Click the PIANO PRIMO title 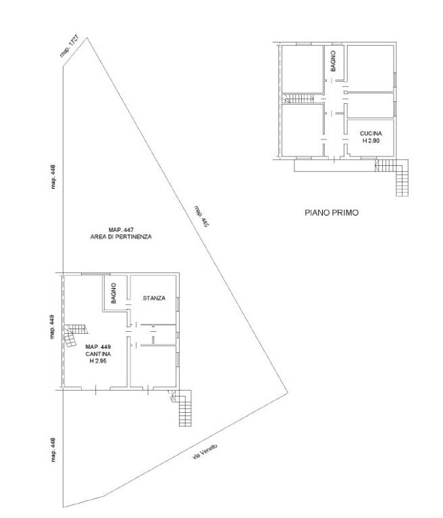[x=331, y=212]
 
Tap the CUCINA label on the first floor [x=371, y=134]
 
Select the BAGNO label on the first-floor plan [x=333, y=61]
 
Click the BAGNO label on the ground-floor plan [x=113, y=293]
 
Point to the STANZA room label [x=154, y=298]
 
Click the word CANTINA [x=99, y=354]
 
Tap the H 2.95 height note [x=98, y=361]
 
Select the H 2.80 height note [x=371, y=141]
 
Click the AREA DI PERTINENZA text [x=121, y=237]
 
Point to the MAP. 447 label [x=121, y=229]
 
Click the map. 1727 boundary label [x=69, y=46]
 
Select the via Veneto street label [x=205, y=452]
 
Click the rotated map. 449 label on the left [x=52, y=326]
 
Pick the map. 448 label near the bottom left [x=53, y=450]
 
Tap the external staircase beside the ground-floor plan [x=181, y=408]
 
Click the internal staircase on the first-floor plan [x=298, y=98]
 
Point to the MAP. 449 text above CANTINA [x=99, y=347]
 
